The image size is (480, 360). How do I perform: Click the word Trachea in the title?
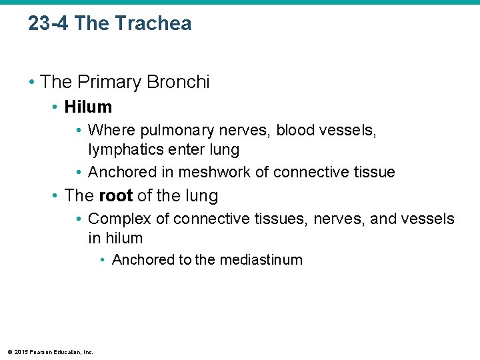click(x=153, y=23)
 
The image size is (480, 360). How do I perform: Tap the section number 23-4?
click(x=49, y=23)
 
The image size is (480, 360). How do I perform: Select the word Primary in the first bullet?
click(x=109, y=82)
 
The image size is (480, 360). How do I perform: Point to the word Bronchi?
click(x=179, y=82)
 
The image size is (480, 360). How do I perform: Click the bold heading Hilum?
click(x=88, y=107)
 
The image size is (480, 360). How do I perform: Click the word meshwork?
click(x=213, y=172)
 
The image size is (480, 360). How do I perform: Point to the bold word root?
click(x=115, y=196)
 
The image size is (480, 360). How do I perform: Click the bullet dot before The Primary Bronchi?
click(x=32, y=83)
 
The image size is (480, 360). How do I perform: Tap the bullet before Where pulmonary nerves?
click(x=79, y=130)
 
